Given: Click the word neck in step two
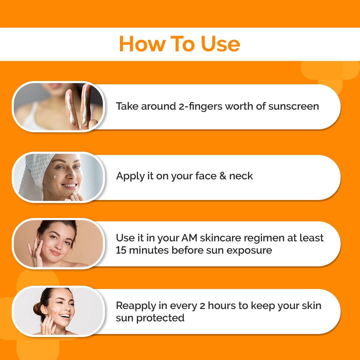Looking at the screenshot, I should click(x=241, y=176).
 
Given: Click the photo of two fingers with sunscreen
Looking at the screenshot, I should click(x=58, y=106).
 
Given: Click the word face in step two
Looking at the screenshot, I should click(x=203, y=176).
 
